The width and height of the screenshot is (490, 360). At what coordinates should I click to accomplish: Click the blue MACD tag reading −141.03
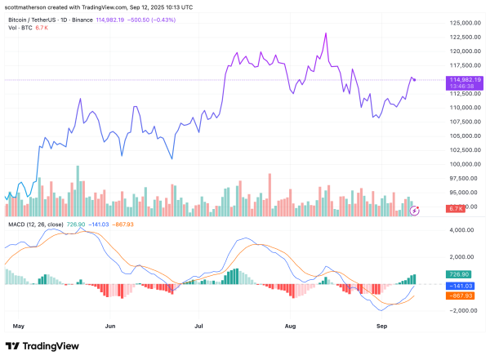pyautogui.click(x=458, y=286)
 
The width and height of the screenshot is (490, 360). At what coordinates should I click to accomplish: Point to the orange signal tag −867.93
pyautogui.click(x=458, y=296)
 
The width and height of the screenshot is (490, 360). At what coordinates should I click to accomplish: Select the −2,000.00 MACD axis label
pyautogui.click(x=459, y=310)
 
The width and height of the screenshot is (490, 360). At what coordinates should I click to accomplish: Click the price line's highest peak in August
pyautogui.click(x=326, y=33)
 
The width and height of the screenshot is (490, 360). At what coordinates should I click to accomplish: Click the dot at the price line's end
pyautogui.click(x=415, y=79)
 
